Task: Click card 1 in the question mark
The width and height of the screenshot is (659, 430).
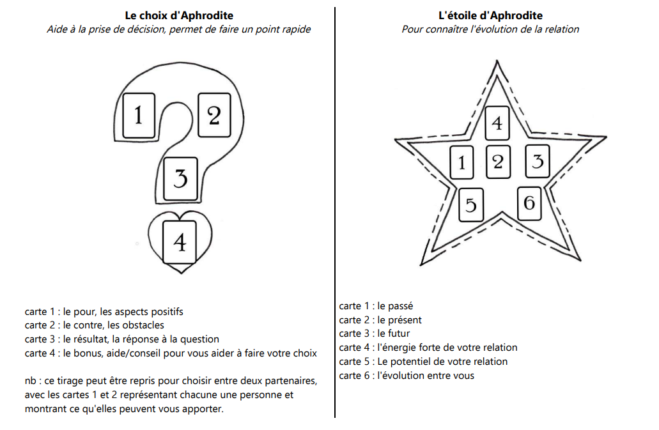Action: (138, 115)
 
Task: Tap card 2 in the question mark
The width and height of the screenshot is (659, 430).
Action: (214, 115)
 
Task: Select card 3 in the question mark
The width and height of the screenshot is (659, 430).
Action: (180, 178)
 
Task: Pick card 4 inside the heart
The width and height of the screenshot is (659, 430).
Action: (180, 242)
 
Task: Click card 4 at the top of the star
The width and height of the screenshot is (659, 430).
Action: (497, 122)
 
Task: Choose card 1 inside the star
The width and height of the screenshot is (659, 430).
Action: (462, 163)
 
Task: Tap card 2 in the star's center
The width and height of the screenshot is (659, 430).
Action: (498, 162)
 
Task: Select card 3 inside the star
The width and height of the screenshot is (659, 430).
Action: (538, 161)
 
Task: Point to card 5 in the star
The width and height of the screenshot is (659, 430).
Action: (470, 205)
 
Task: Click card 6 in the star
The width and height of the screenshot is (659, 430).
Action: (529, 203)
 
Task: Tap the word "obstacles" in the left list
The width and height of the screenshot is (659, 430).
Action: (143, 325)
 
